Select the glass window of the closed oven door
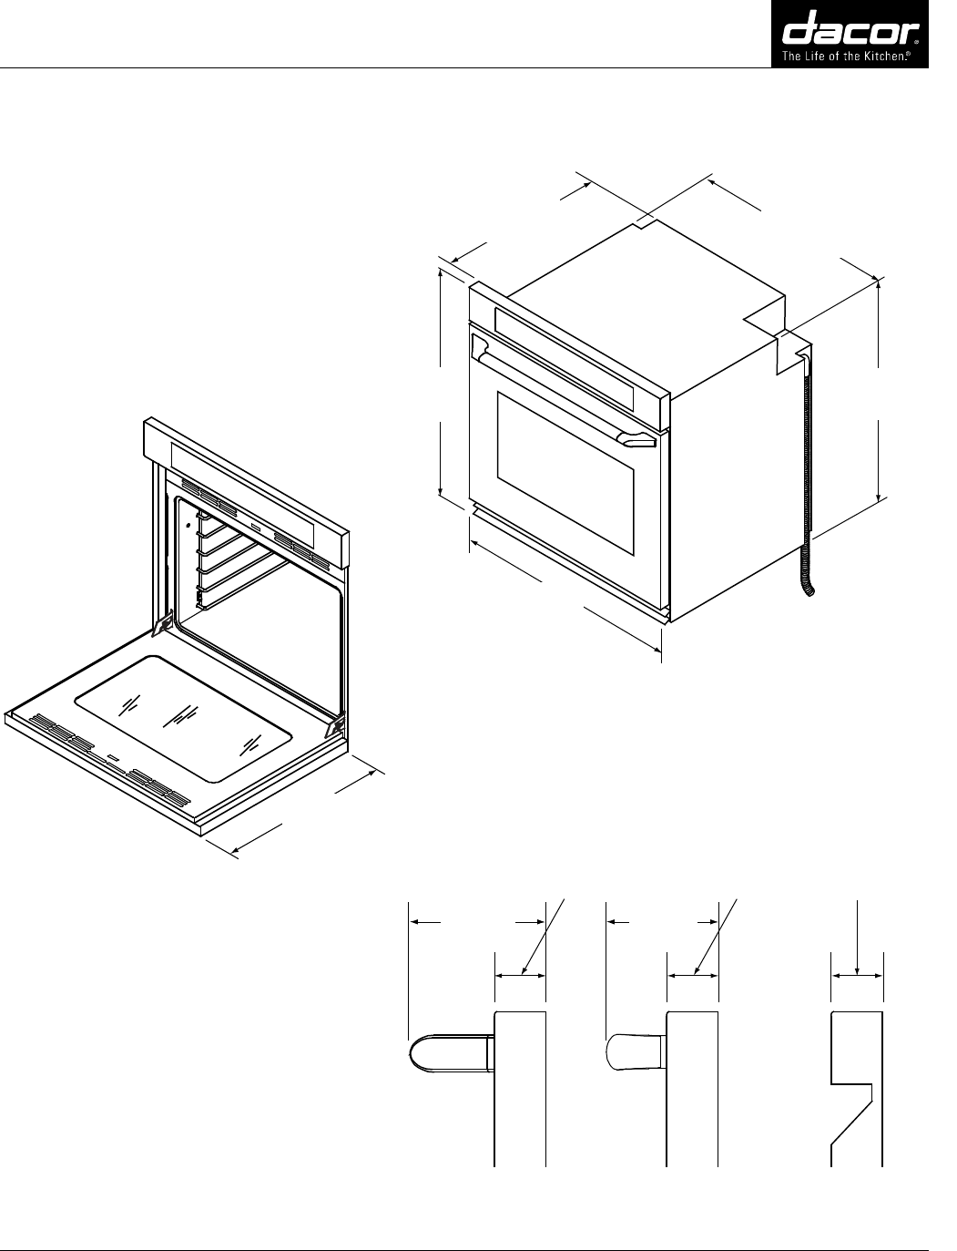click(565, 474)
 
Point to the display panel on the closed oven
click(564, 356)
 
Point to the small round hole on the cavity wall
click(188, 525)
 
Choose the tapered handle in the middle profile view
click(636, 1052)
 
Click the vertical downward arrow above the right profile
click(858, 938)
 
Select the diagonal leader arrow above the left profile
click(544, 936)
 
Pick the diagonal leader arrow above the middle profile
click(716, 936)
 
